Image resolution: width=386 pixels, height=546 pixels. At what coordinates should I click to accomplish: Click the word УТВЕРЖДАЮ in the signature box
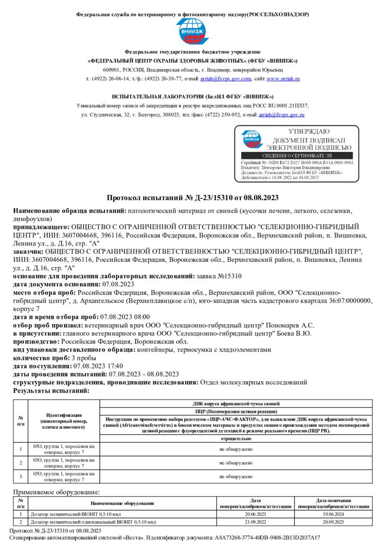coord(309,132)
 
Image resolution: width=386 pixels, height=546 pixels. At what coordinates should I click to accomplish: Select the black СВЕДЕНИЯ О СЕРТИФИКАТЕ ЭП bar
coord(297,155)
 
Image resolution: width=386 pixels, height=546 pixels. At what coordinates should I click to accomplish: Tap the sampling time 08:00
coord(141,316)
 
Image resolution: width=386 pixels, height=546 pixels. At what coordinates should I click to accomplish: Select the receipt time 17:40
coord(114,366)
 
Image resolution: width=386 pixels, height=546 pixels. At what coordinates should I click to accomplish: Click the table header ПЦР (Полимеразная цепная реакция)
coord(236,411)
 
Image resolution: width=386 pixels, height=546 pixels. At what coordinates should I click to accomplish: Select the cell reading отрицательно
coord(236,439)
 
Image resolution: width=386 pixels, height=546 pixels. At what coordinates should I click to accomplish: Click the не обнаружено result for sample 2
coord(236,463)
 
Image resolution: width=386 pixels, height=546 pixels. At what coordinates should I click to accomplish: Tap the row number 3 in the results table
coord(21,477)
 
